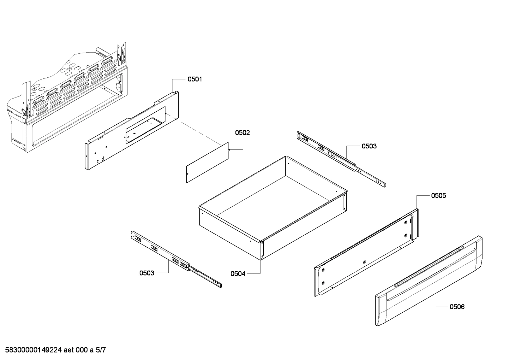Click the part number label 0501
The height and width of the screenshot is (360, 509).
click(x=194, y=79)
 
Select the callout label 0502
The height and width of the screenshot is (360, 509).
click(x=242, y=133)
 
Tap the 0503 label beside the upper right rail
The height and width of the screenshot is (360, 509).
click(x=369, y=146)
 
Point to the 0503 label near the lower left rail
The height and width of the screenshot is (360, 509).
click(x=147, y=273)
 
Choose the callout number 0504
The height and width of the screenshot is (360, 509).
click(x=238, y=273)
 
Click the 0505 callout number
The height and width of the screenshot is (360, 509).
click(x=438, y=195)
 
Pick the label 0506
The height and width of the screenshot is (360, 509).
click(x=457, y=307)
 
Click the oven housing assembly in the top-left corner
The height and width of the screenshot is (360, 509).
click(x=67, y=99)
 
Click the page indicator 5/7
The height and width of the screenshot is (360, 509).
click(x=101, y=350)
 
